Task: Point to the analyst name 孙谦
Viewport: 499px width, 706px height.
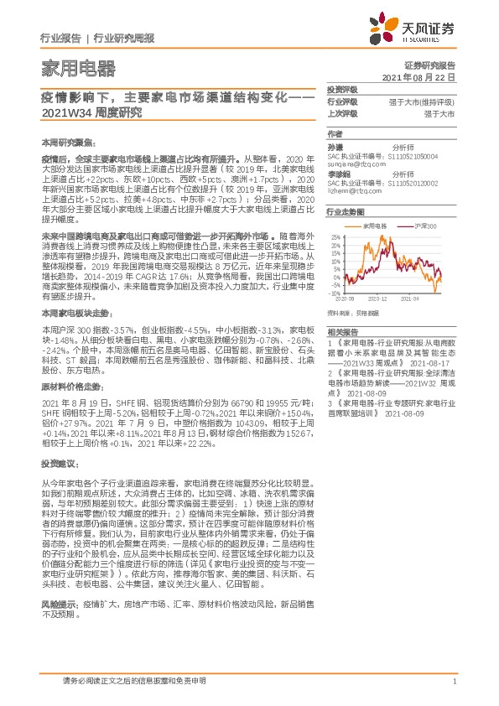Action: click(335, 146)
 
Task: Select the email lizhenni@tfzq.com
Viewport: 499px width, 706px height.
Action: click(354, 191)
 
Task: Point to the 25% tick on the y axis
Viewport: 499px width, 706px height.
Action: click(334, 236)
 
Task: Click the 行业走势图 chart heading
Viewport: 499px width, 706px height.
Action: click(344, 213)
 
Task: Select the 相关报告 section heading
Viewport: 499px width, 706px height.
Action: click(342, 356)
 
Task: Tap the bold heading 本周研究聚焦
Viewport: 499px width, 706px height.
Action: click(63, 143)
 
